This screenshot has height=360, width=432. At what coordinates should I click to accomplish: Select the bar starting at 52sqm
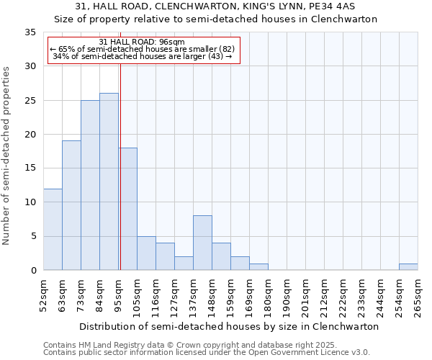pyautogui.click(x=53, y=229)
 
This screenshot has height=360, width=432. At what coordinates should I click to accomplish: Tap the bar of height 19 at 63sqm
pyautogui.click(x=71, y=205)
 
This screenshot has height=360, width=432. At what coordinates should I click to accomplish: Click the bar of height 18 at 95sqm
pyautogui.click(x=128, y=209)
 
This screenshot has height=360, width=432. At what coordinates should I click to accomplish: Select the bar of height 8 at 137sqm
pyautogui.click(x=202, y=243)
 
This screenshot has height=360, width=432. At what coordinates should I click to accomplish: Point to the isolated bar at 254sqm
pyautogui.click(x=408, y=266)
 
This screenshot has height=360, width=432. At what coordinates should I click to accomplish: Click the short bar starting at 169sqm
pyautogui.click(x=258, y=266)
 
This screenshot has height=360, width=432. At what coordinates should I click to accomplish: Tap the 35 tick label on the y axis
pyautogui.click(x=30, y=32)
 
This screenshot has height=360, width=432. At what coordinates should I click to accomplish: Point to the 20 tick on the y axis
pyautogui.click(x=30, y=135)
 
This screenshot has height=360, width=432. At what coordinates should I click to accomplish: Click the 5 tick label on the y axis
pyautogui.click(x=33, y=236)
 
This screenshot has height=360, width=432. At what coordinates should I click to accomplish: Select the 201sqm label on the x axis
pyautogui.click(x=305, y=297)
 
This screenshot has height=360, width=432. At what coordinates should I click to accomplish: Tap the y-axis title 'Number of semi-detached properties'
pyautogui.click(x=7, y=155)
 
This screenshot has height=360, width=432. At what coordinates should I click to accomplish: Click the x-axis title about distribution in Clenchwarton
pyautogui.click(x=228, y=326)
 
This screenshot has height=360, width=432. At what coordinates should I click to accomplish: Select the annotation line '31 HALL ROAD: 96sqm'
pyautogui.click(x=142, y=42)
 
